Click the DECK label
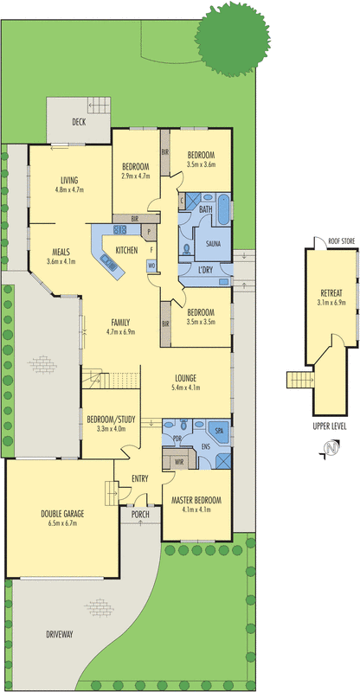[79, 122]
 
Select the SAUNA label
[213, 244]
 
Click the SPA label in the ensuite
[219, 430]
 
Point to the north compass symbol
[331, 448]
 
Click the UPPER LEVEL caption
[329, 426]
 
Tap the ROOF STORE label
[341, 241]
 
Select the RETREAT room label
[331, 292]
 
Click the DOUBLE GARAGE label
[62, 514]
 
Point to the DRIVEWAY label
[59, 635]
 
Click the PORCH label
[140, 514]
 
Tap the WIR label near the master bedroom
[179, 463]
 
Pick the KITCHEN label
[126, 250]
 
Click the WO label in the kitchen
[152, 266]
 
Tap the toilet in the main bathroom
[187, 250]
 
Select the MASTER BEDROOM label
[196, 501]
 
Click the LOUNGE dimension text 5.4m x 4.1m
[185, 388]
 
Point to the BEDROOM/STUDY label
[111, 420]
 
